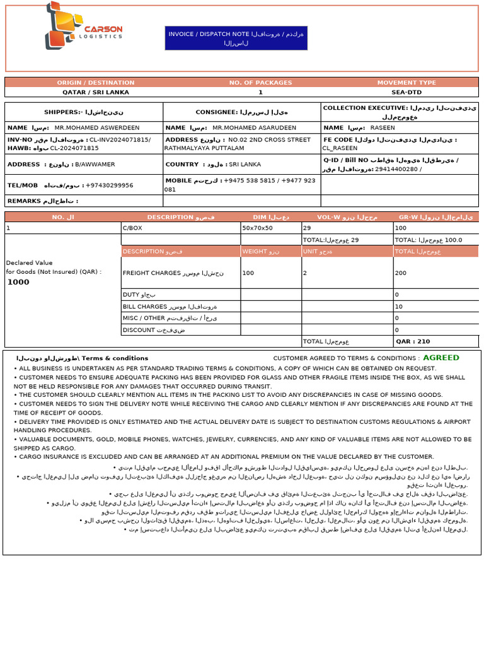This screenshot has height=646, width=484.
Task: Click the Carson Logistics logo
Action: point(83,26)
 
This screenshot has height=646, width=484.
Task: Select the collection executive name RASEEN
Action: point(383,127)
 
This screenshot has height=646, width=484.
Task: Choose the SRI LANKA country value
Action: point(245,164)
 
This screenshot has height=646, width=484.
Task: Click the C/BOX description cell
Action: point(132,227)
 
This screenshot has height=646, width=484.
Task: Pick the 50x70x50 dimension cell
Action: point(258,227)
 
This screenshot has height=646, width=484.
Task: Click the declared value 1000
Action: point(18,282)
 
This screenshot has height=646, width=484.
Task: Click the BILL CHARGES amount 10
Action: point(398,307)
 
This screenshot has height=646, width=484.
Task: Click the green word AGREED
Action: point(441,358)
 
